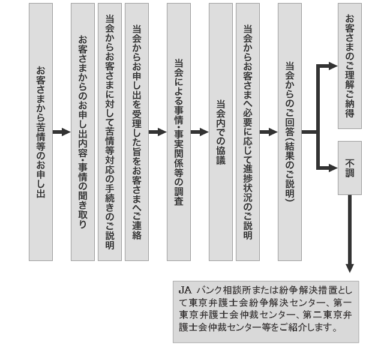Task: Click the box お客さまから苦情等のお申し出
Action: [41, 132]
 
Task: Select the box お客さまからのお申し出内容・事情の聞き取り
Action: [83, 132]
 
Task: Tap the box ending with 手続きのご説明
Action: [110, 132]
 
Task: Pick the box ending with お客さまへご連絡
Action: [137, 132]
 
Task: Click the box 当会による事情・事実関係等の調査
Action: [179, 132]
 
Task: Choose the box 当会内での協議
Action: [221, 132]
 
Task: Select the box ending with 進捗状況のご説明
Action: [248, 132]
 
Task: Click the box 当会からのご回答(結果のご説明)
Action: [290, 132]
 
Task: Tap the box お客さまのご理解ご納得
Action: [350, 66]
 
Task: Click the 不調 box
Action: [350, 168]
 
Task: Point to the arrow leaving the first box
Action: [62, 132]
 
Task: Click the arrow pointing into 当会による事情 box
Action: [158, 132]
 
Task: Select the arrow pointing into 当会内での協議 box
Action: [200, 132]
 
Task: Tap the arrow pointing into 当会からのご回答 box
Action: [269, 132]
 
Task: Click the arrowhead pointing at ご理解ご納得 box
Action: [333, 66]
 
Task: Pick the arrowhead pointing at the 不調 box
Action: [333, 168]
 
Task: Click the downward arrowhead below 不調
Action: [350, 268]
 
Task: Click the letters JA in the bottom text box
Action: [185, 290]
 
